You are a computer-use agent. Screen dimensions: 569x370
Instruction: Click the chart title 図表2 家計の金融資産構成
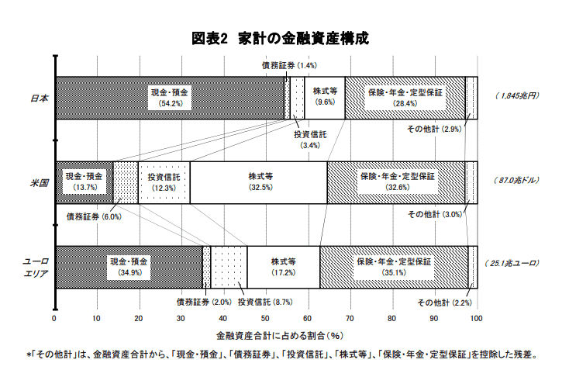click(280, 39)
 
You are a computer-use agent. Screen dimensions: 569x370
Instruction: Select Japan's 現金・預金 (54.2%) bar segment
click(170, 98)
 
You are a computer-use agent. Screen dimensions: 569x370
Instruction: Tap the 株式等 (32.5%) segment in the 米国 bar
click(258, 182)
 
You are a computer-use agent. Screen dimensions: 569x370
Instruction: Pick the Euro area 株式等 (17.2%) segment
click(284, 268)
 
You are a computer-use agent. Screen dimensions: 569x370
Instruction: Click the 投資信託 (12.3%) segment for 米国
click(164, 182)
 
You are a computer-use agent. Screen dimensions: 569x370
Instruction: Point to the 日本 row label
click(40, 98)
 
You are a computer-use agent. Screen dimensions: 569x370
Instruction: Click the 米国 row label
click(40, 182)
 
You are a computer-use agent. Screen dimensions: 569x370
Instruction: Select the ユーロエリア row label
click(36, 268)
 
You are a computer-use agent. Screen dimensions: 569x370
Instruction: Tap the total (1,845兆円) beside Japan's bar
click(517, 95)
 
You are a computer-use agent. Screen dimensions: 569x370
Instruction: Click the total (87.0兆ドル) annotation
click(516, 180)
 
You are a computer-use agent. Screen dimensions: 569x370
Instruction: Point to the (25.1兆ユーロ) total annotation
click(512, 263)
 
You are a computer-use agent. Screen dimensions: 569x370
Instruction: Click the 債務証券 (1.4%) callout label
click(289, 65)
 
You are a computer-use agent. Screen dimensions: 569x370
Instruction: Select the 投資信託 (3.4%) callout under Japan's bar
click(310, 140)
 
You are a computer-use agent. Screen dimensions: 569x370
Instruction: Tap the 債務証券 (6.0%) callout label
click(94, 216)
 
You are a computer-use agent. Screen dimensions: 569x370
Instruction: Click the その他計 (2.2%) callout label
click(444, 303)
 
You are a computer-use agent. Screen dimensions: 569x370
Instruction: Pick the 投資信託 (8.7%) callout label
click(265, 302)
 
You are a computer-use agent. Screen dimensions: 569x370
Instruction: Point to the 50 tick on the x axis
click(266, 319)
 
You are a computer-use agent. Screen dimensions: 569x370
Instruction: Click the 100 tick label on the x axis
click(477, 319)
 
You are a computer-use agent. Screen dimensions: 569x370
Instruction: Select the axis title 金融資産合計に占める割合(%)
click(280, 336)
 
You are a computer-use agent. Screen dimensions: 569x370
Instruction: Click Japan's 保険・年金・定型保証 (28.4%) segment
click(405, 98)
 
